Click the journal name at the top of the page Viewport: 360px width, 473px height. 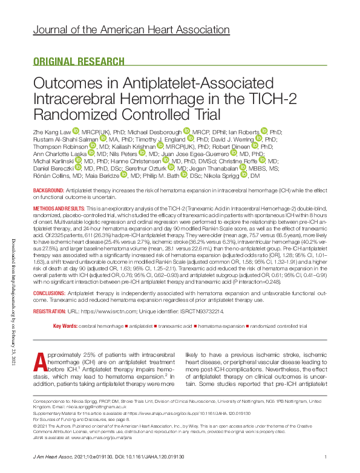point(131,30)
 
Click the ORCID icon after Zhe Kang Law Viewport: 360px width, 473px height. point(76,131)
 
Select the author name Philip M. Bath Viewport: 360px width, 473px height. point(165,175)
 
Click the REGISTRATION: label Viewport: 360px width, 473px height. point(50,311)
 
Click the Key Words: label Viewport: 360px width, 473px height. point(65,326)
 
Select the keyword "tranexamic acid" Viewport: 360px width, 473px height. point(176,326)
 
